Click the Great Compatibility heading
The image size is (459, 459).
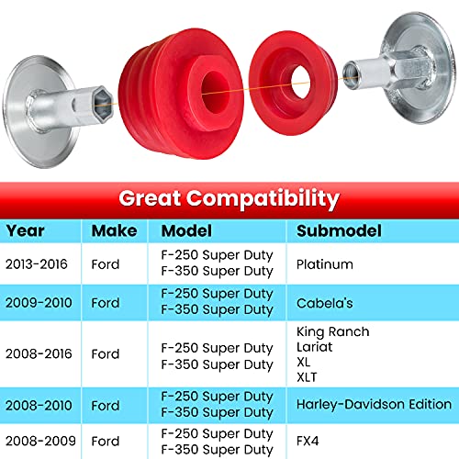coord(229,197)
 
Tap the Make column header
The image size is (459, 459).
coord(115,230)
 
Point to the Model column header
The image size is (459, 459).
coord(186,230)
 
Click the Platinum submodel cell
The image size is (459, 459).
coord(325,263)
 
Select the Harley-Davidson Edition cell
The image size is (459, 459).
coord(374,404)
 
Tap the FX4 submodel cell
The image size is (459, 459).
coord(309,441)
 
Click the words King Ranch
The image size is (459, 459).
coord(333,331)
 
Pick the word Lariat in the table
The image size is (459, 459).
coord(315,346)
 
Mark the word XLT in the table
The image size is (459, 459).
coord(308,375)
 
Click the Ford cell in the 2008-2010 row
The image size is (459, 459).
coord(106,405)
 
